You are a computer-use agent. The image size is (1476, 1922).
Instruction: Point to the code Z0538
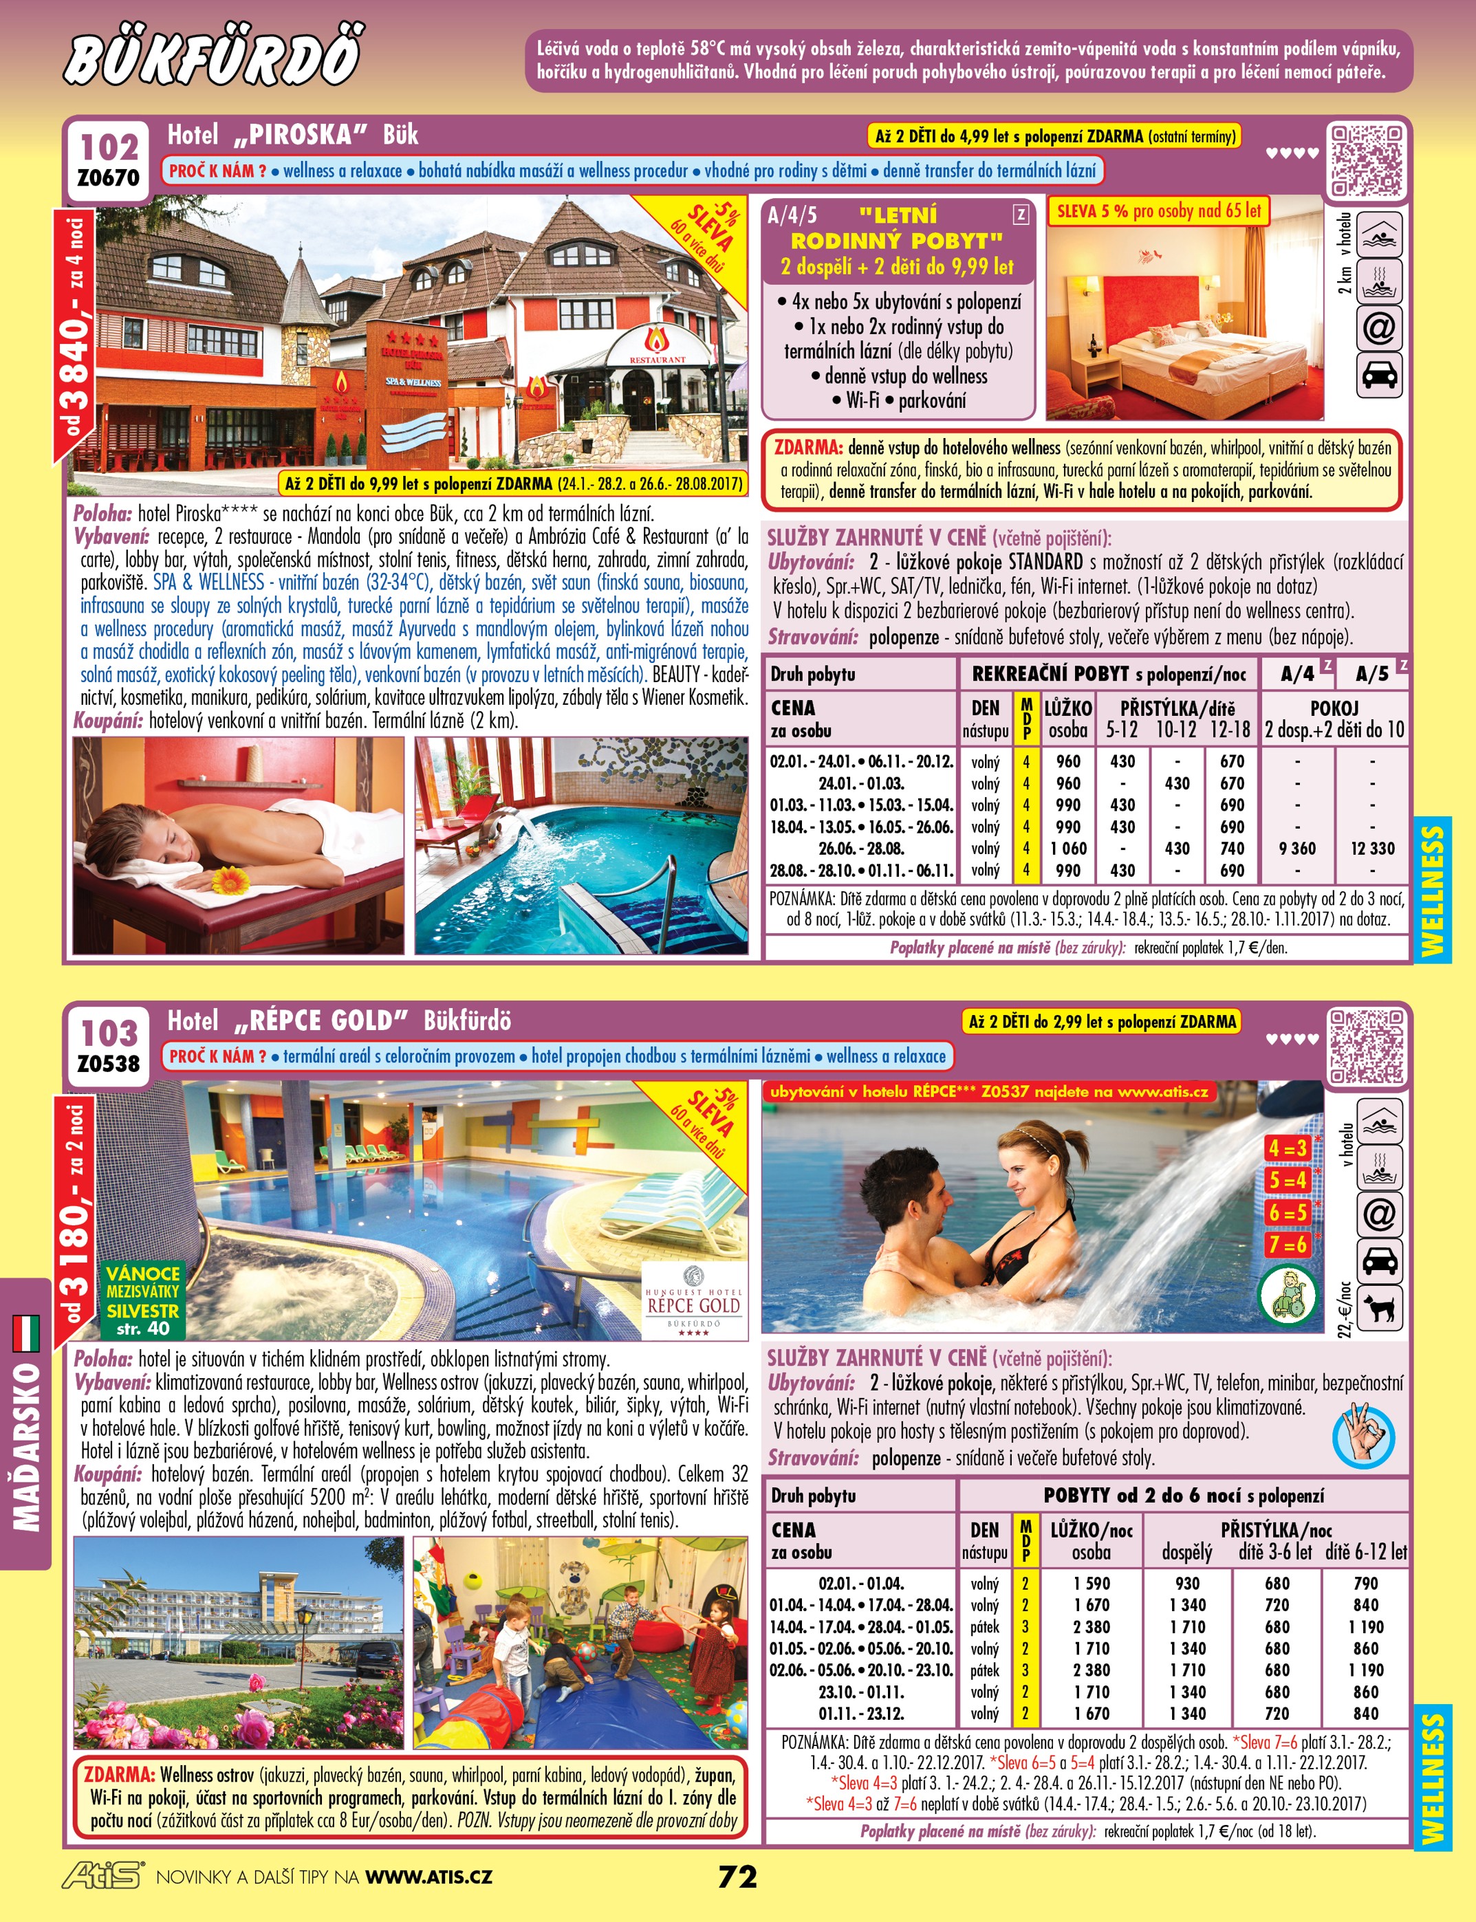pyautogui.click(x=109, y=1064)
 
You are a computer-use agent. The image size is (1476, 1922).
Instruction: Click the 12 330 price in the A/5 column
pyautogui.click(x=1372, y=849)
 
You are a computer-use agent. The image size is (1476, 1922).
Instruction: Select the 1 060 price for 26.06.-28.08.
pyautogui.click(x=1067, y=849)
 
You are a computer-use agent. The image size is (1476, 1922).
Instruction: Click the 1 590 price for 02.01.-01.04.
pyautogui.click(x=1092, y=1583)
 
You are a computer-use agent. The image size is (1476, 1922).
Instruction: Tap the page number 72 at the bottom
pyautogui.click(x=737, y=1877)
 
